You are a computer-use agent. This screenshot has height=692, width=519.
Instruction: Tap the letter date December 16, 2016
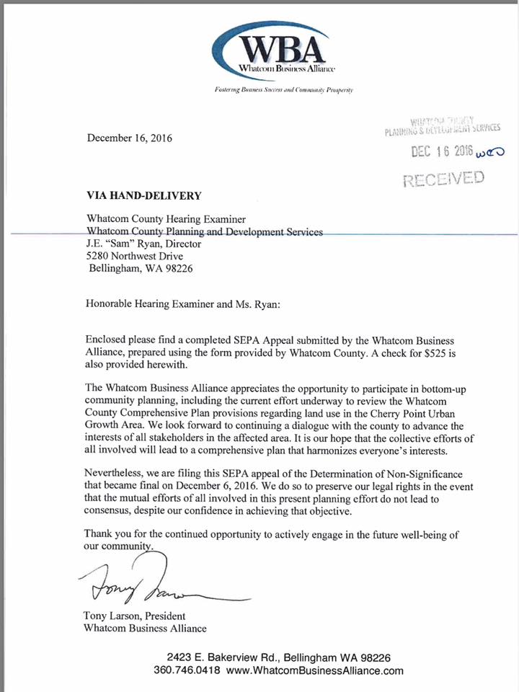[130, 137]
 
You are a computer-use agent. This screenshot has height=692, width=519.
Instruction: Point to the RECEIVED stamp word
[443, 178]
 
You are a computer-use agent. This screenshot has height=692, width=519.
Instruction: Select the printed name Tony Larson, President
[135, 616]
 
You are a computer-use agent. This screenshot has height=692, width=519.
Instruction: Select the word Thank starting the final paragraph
[99, 533]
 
